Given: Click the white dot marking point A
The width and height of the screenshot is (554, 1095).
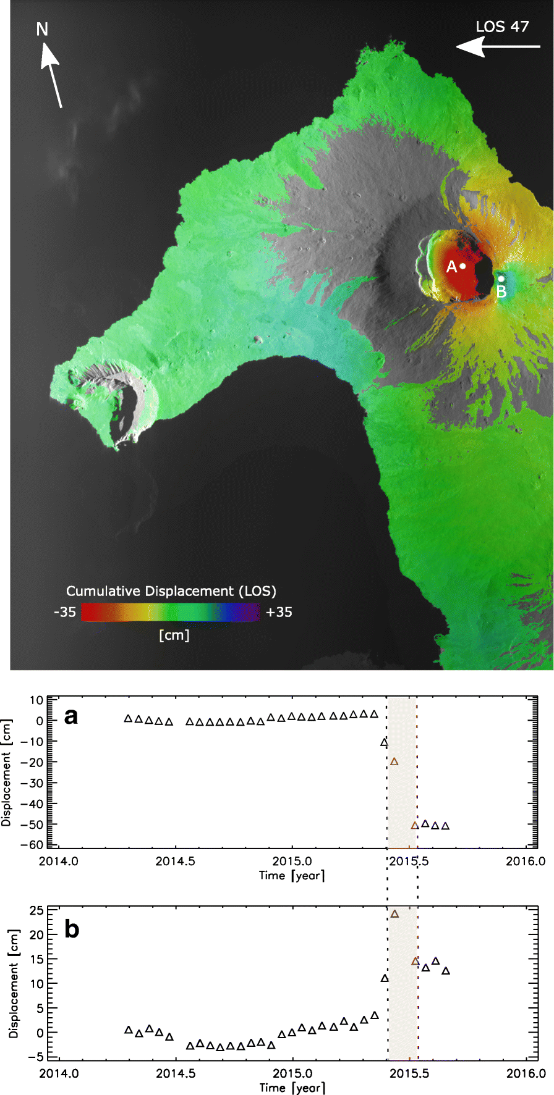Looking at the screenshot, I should tap(462, 266).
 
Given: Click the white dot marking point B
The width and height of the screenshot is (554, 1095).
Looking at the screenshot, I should tap(501, 279).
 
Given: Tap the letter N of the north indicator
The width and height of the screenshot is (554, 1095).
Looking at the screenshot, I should tap(42, 29).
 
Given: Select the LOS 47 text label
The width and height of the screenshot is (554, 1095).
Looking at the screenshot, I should tap(502, 27).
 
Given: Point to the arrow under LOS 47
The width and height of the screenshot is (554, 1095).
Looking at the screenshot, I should tap(498, 46).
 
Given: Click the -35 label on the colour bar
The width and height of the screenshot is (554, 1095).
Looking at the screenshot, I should tap(65, 612).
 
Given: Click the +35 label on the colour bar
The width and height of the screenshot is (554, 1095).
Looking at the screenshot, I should tap(279, 612).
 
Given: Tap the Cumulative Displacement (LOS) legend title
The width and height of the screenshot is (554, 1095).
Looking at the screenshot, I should tap(171, 591).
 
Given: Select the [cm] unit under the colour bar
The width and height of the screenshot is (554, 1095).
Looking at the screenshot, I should tap(174, 635).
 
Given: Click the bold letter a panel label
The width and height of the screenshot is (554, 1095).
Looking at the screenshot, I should tap(72, 716).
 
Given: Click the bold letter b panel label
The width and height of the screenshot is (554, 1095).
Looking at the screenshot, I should tap(72, 929).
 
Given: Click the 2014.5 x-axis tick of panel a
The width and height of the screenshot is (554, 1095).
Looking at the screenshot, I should tap(176, 861).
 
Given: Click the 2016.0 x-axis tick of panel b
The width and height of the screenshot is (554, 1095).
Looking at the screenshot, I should tap(526, 1073).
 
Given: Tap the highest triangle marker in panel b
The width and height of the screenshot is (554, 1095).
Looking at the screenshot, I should tap(395, 914).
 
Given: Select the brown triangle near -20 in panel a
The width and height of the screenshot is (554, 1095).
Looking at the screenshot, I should tap(394, 761).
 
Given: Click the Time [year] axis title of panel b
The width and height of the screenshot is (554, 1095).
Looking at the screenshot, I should tap(292, 1088).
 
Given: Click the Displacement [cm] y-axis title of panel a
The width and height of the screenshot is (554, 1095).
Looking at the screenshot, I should tap(7, 773).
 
